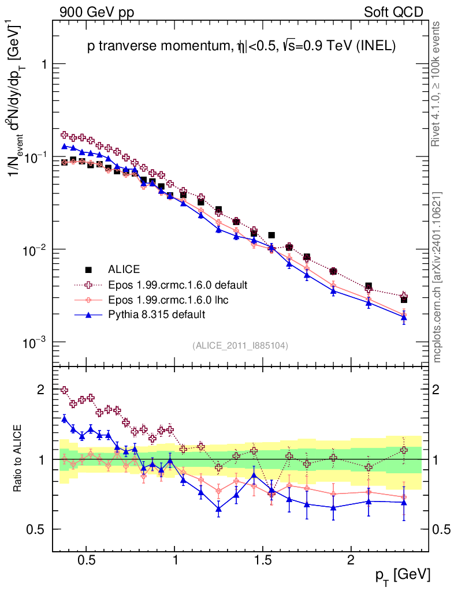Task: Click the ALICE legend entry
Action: (x=125, y=269)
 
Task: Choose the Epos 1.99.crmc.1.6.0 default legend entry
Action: (x=178, y=285)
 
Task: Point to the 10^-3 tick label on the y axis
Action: (x=34, y=343)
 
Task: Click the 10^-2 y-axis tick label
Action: (x=34, y=250)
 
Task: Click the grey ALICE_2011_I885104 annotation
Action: (x=240, y=345)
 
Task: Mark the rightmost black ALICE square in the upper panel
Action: (x=404, y=300)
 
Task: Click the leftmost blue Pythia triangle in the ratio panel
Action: (x=65, y=418)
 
